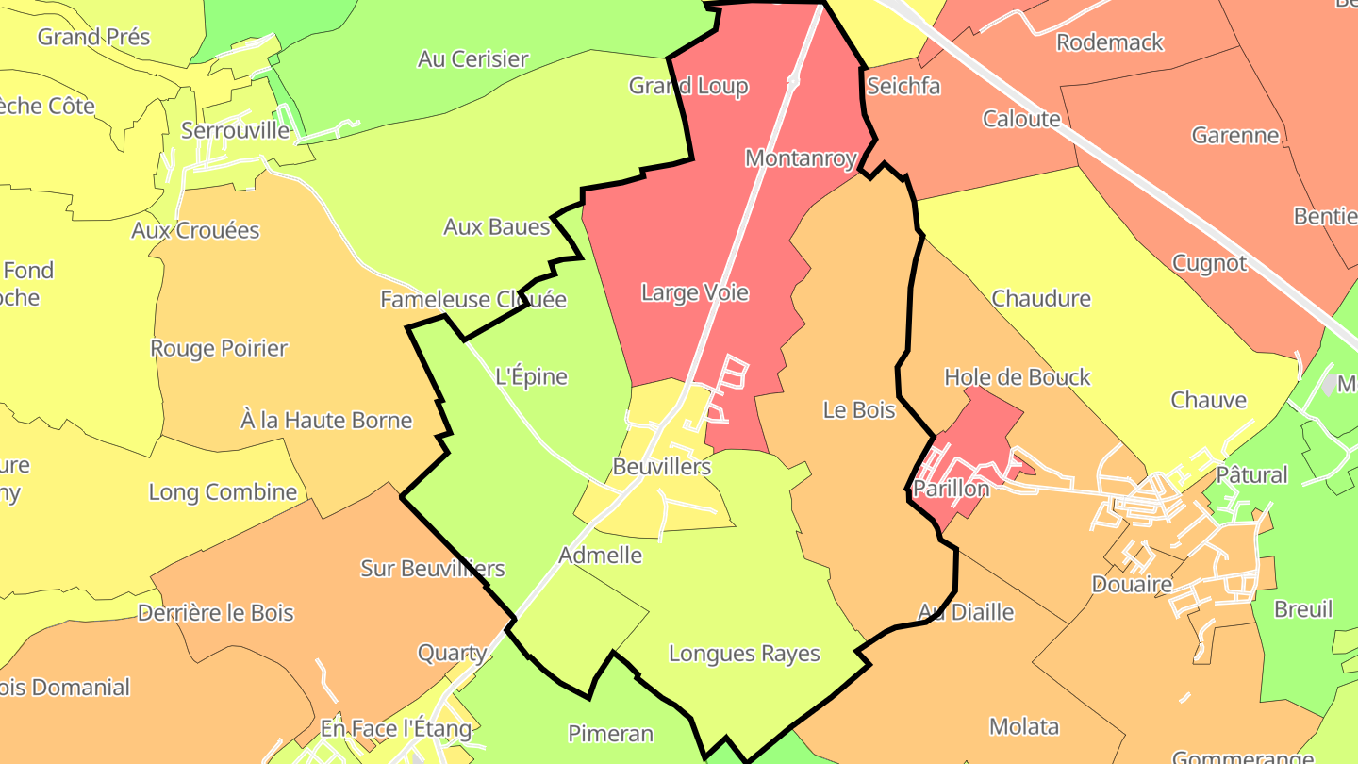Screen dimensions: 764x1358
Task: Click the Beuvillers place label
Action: coord(661,466)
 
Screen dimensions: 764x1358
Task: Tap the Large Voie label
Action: coord(695,292)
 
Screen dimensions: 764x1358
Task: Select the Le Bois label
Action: coord(859,409)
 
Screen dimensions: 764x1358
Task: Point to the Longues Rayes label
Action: coord(744,653)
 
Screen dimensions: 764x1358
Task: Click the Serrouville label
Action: coord(235,130)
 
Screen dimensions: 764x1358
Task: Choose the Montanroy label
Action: coord(801,158)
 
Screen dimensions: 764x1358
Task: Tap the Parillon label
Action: coord(951,489)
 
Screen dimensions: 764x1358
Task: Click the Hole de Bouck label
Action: coord(1017,377)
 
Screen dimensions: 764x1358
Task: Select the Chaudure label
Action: coord(1041,298)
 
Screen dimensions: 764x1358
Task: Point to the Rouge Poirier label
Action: coord(219,348)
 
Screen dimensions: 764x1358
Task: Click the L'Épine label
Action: coord(532,376)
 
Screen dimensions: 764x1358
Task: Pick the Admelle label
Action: coord(600,555)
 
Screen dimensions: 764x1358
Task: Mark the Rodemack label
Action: coord(1110,42)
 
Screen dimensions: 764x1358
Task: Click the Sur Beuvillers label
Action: coord(433,569)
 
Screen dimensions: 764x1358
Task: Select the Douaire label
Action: coord(1132,584)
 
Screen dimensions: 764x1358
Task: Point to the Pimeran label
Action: coord(610,733)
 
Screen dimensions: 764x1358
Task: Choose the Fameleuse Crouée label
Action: coord(473,299)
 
